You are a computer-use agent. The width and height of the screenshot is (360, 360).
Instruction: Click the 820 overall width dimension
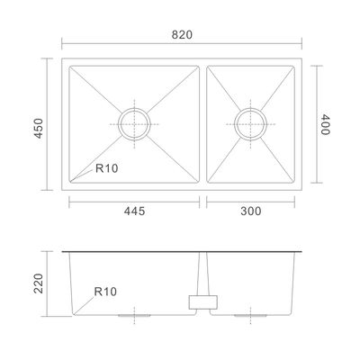182,35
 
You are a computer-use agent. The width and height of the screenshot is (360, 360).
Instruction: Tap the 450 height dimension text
39,128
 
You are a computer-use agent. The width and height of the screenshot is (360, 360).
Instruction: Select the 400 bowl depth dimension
325,124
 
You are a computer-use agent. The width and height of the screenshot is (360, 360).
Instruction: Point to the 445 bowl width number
134,211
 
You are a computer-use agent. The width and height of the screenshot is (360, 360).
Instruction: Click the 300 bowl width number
251,211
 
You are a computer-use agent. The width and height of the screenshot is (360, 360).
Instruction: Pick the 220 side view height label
39,283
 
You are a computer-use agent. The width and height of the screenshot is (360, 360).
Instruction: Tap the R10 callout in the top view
107,168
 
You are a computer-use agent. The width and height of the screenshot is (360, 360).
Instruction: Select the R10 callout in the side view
105,292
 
